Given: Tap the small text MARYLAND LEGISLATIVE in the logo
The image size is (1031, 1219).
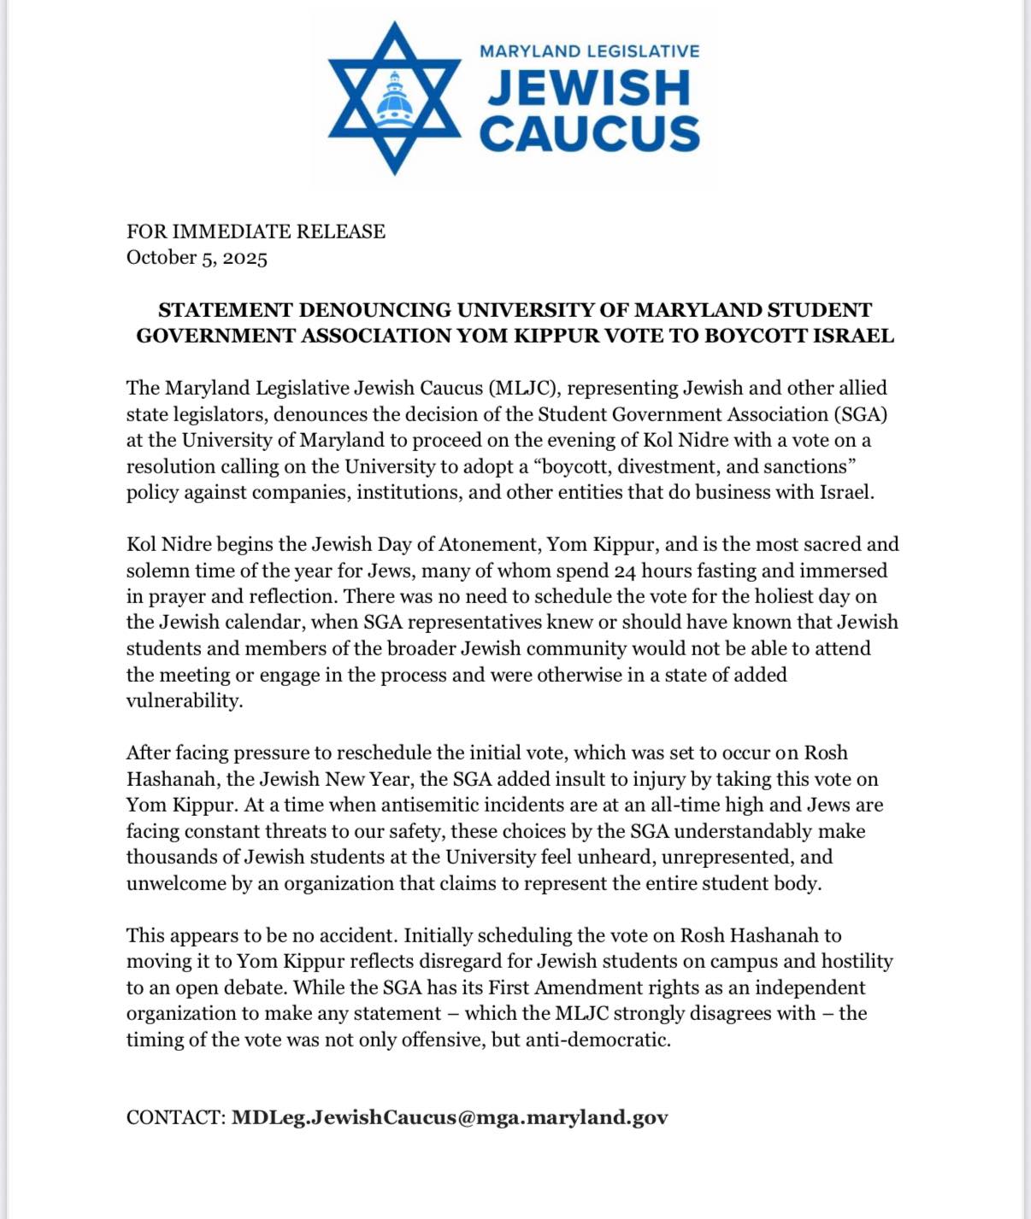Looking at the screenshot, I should point(589,51).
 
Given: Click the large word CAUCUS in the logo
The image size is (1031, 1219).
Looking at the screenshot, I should point(589,134).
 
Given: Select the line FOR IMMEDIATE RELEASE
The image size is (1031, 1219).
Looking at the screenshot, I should point(256,231).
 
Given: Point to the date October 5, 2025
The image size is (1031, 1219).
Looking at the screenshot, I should point(197,258).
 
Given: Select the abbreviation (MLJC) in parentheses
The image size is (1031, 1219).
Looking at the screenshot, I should point(523,389).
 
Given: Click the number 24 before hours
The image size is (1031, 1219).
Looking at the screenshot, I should point(625,571).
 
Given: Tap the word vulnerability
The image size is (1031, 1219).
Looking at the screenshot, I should point(184,700).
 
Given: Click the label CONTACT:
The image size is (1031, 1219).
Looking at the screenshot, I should point(175,1118).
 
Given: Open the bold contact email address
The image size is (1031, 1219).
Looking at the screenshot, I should point(450,1118).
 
